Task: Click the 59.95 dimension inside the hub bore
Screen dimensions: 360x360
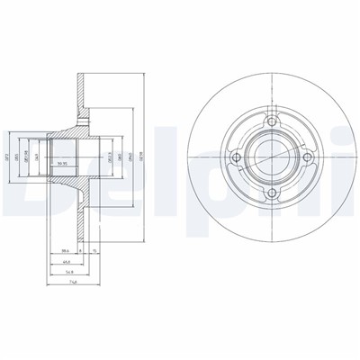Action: click(x=62, y=163)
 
